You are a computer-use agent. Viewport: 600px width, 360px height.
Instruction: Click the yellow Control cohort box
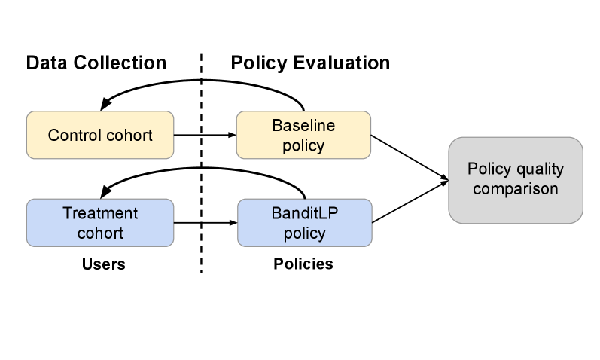[x=99, y=136]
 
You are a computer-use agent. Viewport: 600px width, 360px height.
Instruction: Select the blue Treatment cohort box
[x=99, y=222]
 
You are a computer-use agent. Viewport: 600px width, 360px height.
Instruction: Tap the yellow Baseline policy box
[x=303, y=136]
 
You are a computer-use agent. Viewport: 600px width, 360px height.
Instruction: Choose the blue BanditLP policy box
[x=304, y=222]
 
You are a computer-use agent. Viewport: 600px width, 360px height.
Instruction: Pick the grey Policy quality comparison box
[x=515, y=179]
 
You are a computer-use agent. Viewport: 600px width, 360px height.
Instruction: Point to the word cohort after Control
[x=129, y=136]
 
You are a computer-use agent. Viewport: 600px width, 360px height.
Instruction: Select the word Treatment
[x=100, y=212]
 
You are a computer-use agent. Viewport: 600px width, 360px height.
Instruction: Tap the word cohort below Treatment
[x=100, y=233]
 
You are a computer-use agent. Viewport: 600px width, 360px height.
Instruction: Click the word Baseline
[x=303, y=125]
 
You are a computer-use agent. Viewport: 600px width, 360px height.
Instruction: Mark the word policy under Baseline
[x=303, y=145]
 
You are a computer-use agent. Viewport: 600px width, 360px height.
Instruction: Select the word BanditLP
[x=305, y=212]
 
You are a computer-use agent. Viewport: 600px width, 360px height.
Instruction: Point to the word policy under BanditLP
[x=305, y=233]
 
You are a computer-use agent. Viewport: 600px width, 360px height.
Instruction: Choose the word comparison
[x=515, y=188]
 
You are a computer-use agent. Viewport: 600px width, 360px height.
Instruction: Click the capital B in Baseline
[x=276, y=125]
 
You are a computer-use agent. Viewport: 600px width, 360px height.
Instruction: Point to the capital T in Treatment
[x=67, y=212]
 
